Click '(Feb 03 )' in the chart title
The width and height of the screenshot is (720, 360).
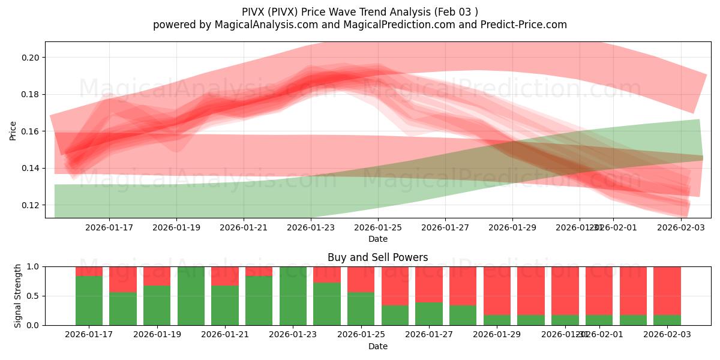pos(457,11)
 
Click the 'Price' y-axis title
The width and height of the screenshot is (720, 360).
pos(13,130)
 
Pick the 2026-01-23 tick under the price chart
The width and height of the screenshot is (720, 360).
pos(311,227)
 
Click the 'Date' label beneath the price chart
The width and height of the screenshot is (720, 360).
pos(378,239)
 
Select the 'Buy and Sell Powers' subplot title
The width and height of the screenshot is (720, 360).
pos(378,257)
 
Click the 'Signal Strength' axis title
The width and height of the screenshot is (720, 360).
pos(18,296)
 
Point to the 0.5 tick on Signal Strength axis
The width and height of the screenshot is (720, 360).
pos(34,296)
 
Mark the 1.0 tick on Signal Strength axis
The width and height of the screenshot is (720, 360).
pos(34,266)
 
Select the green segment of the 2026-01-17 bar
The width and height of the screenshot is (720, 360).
pos(89,300)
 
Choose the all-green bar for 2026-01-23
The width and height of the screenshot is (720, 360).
pos(293,296)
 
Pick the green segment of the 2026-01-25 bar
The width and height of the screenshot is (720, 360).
pos(361,308)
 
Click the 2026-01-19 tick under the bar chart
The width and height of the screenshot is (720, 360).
pos(157,335)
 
